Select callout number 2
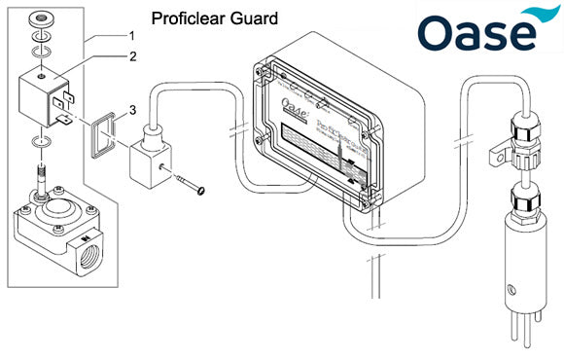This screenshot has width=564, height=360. point(132,56)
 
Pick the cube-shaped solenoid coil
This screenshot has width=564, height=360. point(44,97)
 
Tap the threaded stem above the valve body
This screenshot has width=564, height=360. point(43,179)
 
